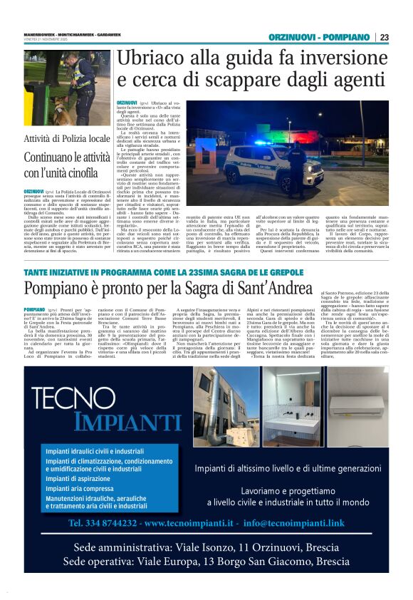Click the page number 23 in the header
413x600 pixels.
[x=385, y=37]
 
